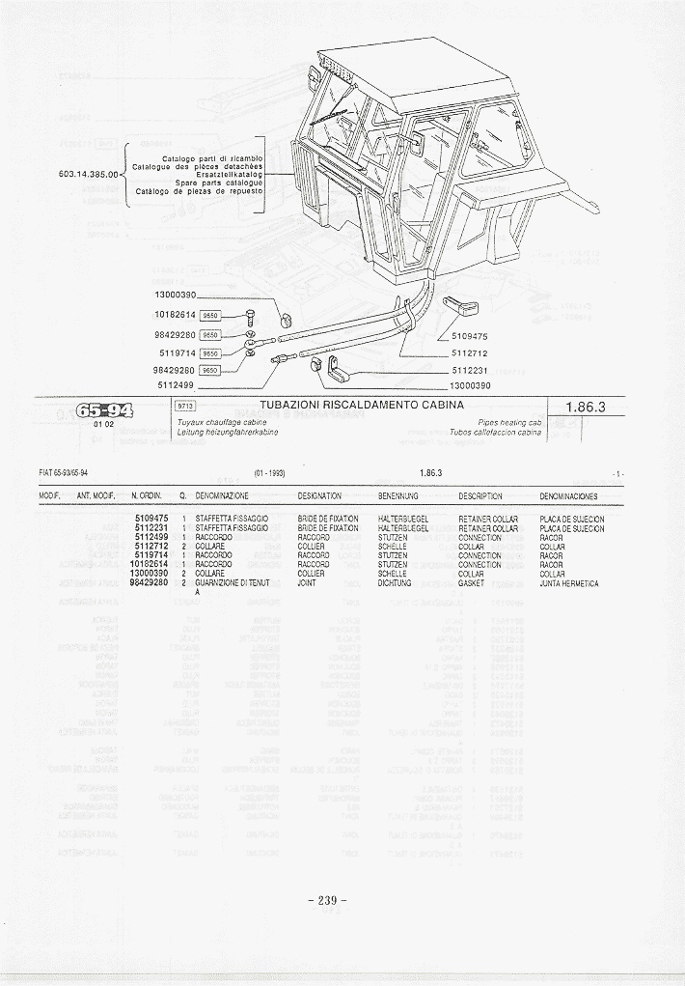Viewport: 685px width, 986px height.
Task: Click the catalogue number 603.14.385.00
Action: (87, 175)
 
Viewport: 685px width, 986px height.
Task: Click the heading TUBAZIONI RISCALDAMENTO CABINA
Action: (362, 406)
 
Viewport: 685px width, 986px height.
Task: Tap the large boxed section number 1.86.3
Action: (587, 408)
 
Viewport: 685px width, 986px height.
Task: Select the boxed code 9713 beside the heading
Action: (184, 407)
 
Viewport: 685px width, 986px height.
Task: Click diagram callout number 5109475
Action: (470, 336)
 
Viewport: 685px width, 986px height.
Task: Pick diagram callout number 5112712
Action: (470, 352)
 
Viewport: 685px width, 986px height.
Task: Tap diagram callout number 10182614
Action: (175, 315)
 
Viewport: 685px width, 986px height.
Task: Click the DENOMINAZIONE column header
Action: (222, 496)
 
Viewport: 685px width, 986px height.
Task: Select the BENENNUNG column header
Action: (397, 496)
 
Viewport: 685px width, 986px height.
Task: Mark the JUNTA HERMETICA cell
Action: (569, 583)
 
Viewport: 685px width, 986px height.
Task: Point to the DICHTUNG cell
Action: (395, 583)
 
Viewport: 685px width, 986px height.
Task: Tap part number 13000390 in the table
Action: (150, 574)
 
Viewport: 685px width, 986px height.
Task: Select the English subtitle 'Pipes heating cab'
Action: (510, 423)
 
